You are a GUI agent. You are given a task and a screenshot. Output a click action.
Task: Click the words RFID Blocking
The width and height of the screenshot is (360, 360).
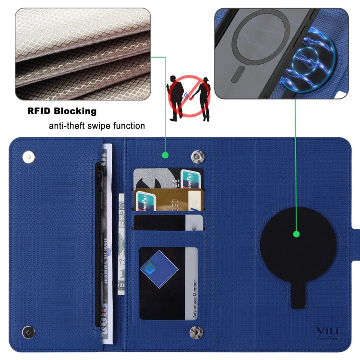61,111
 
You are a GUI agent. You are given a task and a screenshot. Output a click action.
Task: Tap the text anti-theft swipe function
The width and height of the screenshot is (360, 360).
96,126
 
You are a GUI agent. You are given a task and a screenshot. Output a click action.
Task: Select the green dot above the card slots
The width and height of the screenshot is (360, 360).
165,155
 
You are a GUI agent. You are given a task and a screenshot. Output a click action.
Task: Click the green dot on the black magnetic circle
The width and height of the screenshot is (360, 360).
296,234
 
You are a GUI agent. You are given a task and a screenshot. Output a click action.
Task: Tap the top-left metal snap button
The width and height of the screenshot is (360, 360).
29,156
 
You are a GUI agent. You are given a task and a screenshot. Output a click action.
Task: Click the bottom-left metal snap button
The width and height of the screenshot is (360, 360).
28,331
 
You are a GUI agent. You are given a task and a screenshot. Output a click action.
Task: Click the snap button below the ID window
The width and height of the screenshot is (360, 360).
196,331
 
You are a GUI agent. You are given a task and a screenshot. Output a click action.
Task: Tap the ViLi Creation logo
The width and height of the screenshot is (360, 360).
327,333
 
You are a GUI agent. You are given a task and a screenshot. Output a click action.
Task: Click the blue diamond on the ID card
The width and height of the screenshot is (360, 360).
159,269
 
